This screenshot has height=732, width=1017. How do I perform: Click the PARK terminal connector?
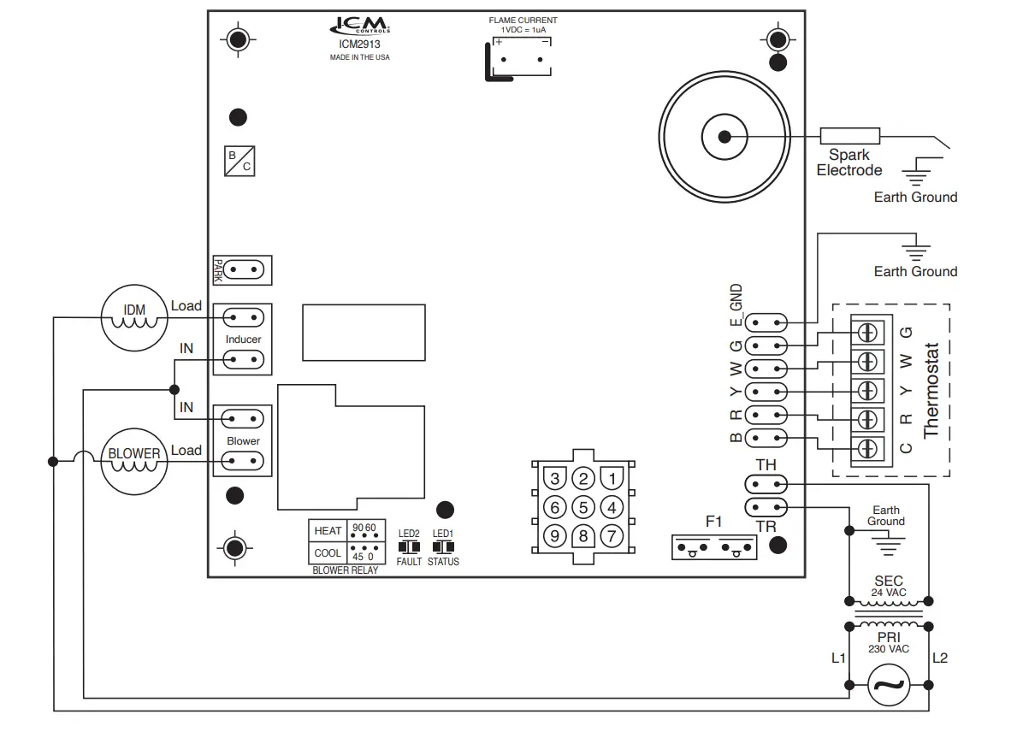[x=243, y=271]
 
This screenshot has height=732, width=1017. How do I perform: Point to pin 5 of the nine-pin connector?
[x=582, y=507]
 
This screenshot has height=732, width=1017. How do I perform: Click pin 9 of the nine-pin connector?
[x=554, y=536]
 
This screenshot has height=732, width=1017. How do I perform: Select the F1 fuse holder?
[x=714, y=546]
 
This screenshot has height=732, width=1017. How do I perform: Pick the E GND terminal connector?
[x=766, y=322]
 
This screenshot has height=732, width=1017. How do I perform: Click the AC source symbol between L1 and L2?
[x=889, y=685]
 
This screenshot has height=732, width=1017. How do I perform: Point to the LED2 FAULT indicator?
[x=409, y=546]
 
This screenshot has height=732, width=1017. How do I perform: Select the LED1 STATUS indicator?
[x=443, y=546]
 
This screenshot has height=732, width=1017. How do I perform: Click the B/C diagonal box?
[x=239, y=161]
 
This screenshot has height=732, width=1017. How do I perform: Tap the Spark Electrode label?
[x=848, y=162]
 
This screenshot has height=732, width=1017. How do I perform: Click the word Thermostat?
[x=931, y=390]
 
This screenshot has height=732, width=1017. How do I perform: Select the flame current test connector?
[x=521, y=60]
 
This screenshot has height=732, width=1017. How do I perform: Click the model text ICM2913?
[x=360, y=44]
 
